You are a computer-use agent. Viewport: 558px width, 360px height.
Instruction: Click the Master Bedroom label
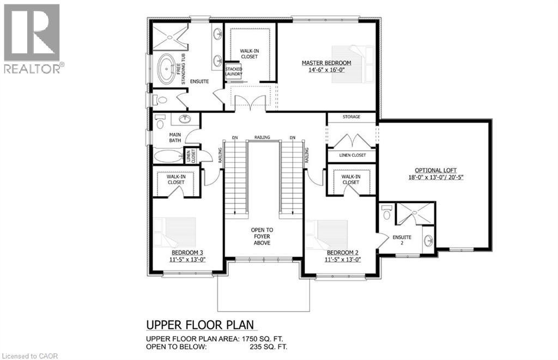[x=326, y=63]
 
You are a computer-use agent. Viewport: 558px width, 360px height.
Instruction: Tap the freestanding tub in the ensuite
[x=167, y=69]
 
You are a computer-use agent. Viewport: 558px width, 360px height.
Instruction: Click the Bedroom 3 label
[x=187, y=253]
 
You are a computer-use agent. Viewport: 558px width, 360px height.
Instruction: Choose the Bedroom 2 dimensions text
[x=343, y=260]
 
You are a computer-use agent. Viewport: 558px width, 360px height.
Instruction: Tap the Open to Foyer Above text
[x=262, y=237]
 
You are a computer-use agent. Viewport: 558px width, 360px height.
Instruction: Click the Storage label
[x=351, y=117]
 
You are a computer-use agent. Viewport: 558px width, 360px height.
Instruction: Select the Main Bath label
[x=175, y=138]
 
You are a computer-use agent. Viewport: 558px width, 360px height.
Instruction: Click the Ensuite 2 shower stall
[x=415, y=213]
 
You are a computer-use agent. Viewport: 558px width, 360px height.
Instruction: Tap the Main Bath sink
[x=185, y=119]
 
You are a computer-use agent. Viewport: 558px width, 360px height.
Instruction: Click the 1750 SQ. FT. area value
[x=266, y=339]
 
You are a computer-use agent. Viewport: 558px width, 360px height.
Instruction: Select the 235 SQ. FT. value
[x=266, y=347]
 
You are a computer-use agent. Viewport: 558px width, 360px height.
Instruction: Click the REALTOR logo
[x=32, y=38]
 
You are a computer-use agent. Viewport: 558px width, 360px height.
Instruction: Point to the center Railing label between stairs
[x=262, y=137]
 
